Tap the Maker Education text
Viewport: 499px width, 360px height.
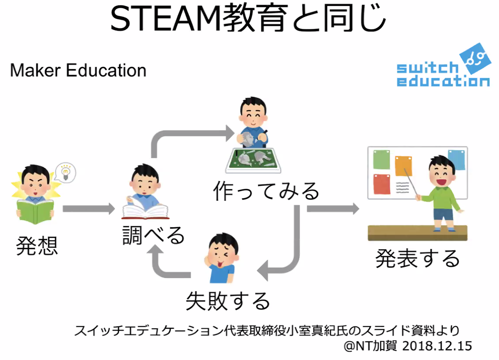78,70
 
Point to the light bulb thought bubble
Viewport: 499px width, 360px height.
65,172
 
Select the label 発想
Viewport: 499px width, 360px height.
37,246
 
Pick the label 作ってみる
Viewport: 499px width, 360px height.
266,190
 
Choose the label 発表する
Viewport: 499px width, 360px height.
417,258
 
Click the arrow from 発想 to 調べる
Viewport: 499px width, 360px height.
88,209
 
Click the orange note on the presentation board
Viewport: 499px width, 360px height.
403,166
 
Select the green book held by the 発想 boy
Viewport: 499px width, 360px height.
35,209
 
